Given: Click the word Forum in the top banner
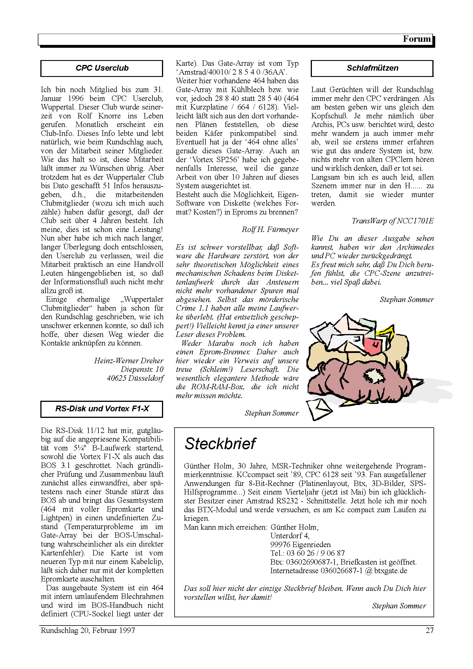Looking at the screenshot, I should point(416,39).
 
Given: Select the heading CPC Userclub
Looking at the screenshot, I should point(102,68).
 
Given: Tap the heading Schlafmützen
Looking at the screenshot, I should point(372,68).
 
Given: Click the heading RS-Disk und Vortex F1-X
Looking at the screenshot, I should point(102,409).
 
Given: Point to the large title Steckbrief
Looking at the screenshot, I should point(220,444).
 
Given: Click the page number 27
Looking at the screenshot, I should point(430,631).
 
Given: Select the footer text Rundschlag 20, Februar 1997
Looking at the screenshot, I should point(88,631).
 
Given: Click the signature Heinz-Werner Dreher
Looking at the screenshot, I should point(128,361).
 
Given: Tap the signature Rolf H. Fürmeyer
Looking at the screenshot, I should point(270,230).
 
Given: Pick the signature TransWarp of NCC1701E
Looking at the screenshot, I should point(393,221).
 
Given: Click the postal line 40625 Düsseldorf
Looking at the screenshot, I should point(135,378).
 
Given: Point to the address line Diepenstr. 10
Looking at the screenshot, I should point(142,370).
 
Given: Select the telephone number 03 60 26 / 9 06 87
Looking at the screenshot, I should point(316,553).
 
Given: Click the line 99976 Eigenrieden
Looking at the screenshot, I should point(300,545).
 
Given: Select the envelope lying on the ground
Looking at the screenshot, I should point(318,409).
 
